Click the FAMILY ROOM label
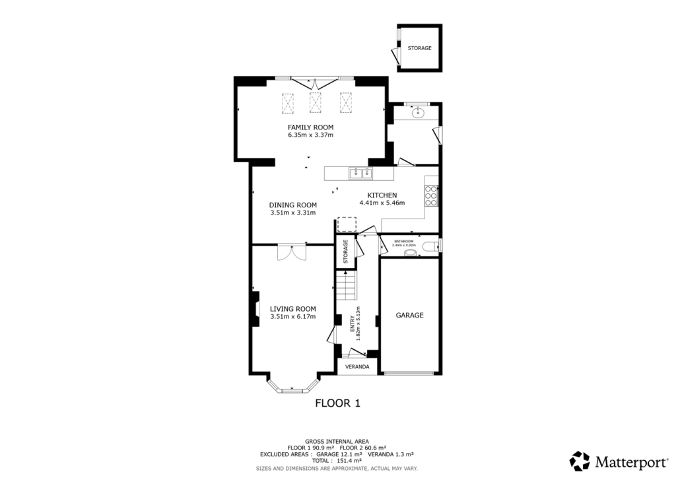(x=310, y=127)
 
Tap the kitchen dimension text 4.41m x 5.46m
(x=382, y=203)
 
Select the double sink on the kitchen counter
(x=361, y=174)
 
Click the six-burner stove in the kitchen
(x=431, y=195)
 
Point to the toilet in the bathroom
(x=430, y=247)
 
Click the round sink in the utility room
(x=417, y=113)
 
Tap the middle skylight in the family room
(x=315, y=102)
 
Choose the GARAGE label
(x=409, y=316)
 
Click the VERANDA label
(x=357, y=366)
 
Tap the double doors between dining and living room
(x=291, y=252)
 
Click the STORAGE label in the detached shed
(x=419, y=48)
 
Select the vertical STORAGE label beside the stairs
(x=345, y=252)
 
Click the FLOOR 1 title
(x=337, y=403)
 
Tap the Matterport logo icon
(x=580, y=461)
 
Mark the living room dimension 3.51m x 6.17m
(x=293, y=317)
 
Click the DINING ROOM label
(x=293, y=205)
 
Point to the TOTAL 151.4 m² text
(x=337, y=461)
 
